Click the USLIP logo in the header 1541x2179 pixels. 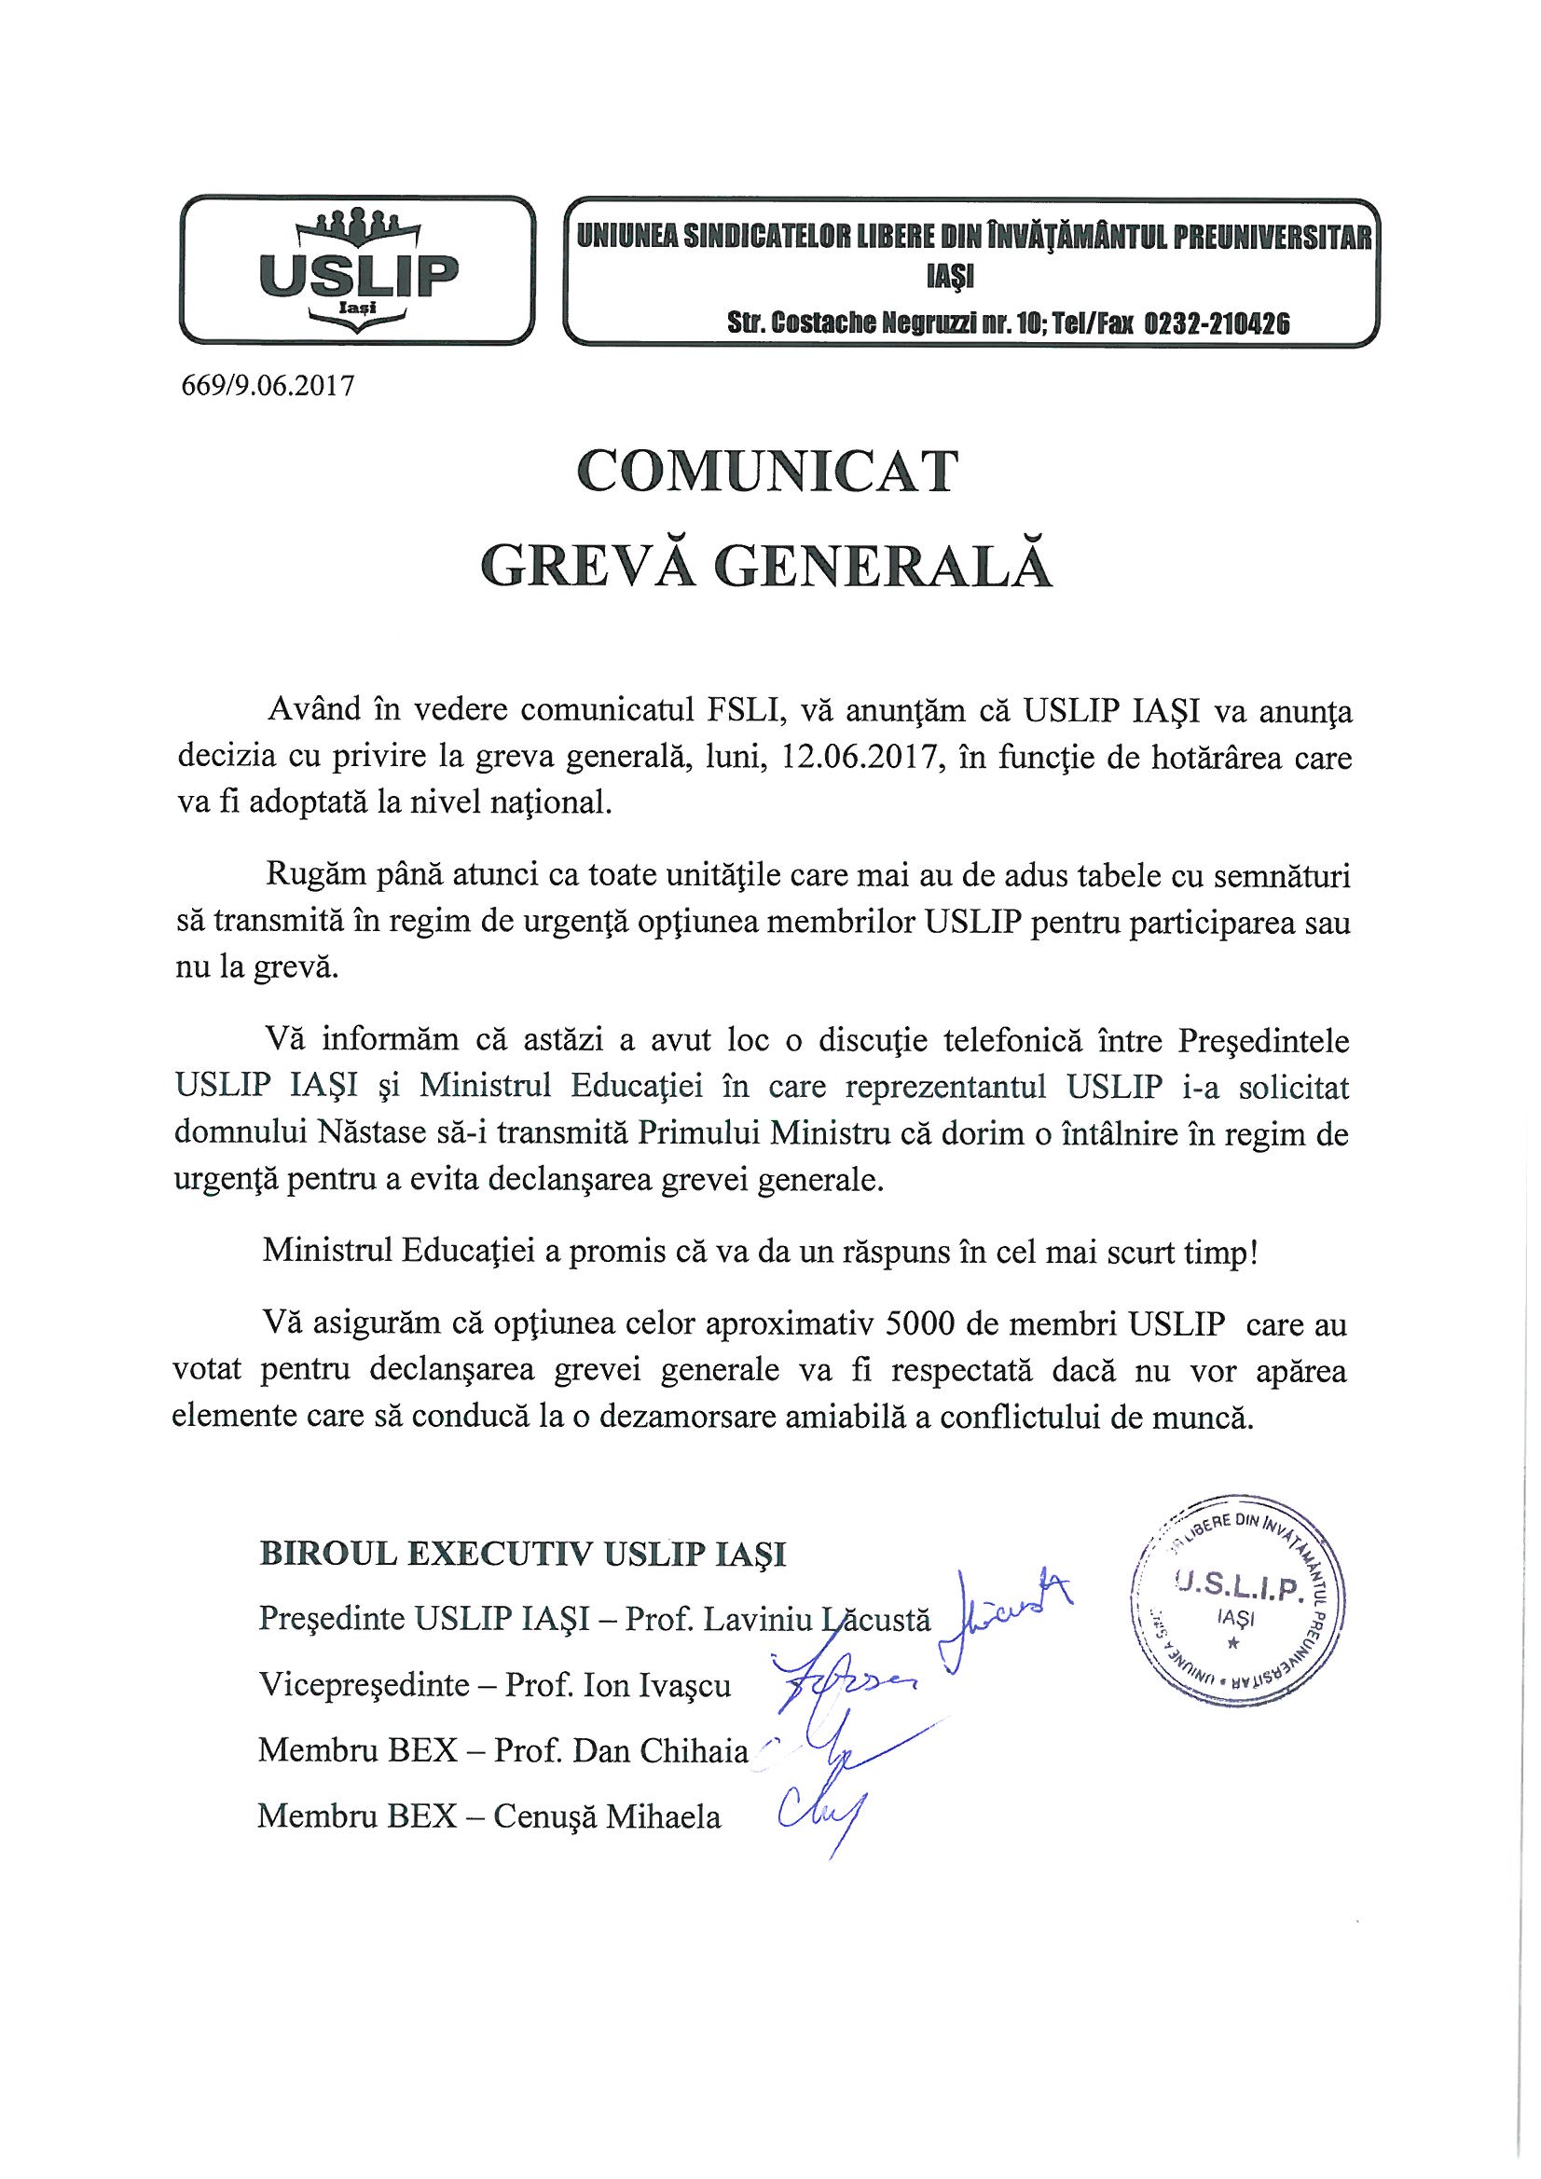pos(358,268)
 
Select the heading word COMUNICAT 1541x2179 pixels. pos(767,472)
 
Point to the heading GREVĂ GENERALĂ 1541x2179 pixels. pos(767,566)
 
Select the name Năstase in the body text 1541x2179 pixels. pos(377,1135)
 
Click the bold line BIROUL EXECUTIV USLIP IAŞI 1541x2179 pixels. pos(522,1555)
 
